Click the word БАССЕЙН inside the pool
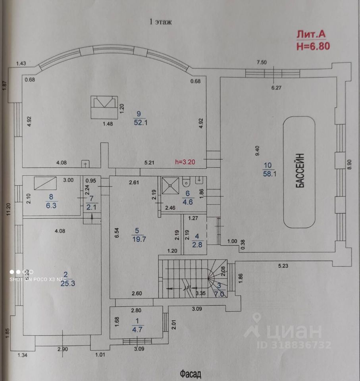(300, 171)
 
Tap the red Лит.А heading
(311, 35)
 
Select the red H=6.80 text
(313, 46)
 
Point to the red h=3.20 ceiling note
(185, 162)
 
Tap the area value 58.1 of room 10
(269, 173)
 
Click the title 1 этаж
(160, 22)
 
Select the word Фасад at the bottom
(191, 373)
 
